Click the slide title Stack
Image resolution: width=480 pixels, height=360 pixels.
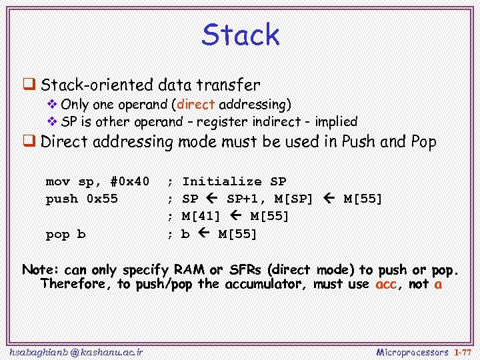click(x=241, y=35)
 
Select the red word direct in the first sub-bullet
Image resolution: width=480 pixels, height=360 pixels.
click(x=196, y=105)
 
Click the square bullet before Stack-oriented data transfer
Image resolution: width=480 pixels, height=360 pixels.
click(x=29, y=85)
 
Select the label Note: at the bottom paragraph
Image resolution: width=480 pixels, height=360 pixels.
click(x=41, y=270)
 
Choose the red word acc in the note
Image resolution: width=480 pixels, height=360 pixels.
click(x=386, y=284)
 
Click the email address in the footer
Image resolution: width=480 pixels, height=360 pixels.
click(x=76, y=351)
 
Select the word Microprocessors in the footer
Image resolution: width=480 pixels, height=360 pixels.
click(x=412, y=351)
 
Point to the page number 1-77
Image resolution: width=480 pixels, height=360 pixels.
click(x=463, y=351)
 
